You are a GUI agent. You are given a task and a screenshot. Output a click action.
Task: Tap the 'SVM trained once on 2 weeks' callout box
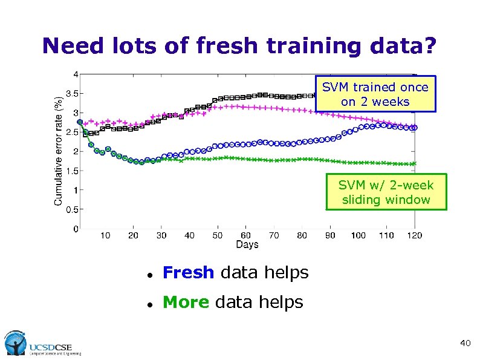(375, 94)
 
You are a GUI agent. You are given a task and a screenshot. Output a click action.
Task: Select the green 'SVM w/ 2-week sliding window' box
(386, 192)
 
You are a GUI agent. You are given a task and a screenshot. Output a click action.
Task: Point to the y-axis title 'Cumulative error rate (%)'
(59, 151)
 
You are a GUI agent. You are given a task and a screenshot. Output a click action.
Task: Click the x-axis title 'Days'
(247, 244)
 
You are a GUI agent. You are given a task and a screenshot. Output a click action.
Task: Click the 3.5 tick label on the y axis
(71, 94)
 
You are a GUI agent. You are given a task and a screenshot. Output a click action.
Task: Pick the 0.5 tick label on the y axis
(71, 209)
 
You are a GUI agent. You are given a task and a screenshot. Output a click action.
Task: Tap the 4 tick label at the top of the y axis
(75, 74)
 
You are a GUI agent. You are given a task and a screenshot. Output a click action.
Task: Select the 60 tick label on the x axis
(246, 235)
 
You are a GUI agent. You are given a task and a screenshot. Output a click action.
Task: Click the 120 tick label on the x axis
(414, 235)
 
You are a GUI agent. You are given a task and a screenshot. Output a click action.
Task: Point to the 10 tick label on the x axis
(105, 235)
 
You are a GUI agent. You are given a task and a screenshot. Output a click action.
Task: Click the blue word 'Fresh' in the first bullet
(188, 273)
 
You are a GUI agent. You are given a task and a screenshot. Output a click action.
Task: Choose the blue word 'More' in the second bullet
(186, 301)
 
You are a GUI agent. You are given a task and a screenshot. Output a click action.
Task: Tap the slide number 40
(465, 344)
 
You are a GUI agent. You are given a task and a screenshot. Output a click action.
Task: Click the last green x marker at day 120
(414, 163)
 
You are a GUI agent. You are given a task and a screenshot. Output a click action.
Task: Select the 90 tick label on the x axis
(330, 235)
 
